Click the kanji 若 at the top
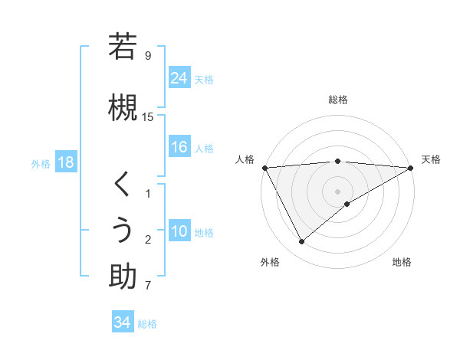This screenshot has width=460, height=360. pos(123,47)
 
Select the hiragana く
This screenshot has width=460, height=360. pos(123,184)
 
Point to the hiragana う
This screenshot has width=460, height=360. pos(123,231)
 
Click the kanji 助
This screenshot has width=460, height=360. pos(123,277)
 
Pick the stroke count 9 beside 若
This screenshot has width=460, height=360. pos(148,56)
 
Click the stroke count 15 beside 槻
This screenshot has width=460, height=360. pos(148,117)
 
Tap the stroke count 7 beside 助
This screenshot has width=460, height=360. pos(148,286)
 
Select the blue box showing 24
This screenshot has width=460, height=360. pos(179,77)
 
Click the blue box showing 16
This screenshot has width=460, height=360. pos(179,147)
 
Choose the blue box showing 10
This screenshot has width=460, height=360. pos(179,232)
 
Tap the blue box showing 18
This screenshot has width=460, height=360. pos(64,163)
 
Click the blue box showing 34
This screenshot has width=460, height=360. pos(122,322)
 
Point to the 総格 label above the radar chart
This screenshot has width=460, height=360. pos(338,100)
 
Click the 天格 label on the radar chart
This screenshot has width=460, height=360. pos(431,159)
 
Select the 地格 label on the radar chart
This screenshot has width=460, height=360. pos(402,262)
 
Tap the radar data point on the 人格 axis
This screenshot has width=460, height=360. pos(264,167)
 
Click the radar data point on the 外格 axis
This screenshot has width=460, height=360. pos(301,242)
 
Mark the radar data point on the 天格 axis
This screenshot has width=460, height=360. pos(411,168)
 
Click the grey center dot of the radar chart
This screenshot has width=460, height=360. pos(338,191)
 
